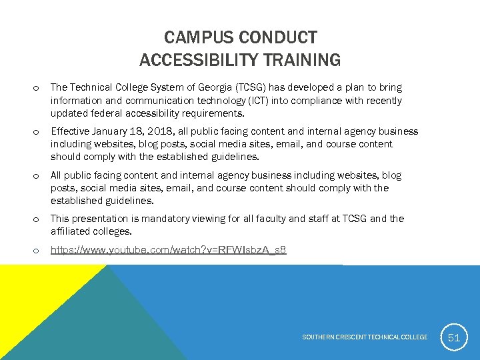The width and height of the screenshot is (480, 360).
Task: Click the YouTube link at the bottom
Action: click(169, 250)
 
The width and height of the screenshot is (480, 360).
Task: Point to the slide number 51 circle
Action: click(454, 337)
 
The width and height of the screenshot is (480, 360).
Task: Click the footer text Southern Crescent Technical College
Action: click(365, 337)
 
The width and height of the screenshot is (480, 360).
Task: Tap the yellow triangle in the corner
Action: click(27, 293)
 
